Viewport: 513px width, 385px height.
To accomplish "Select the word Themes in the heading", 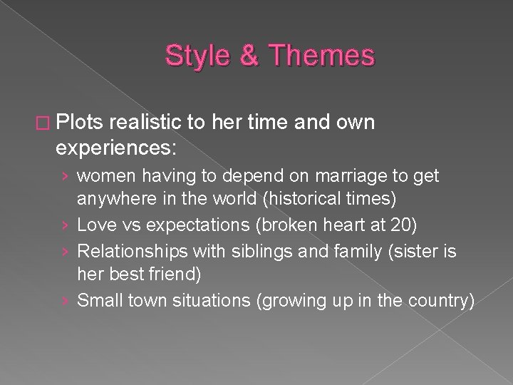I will pyautogui.click(x=321, y=56).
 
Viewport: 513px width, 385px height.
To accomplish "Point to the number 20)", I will pyautogui.click(x=400, y=225).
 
